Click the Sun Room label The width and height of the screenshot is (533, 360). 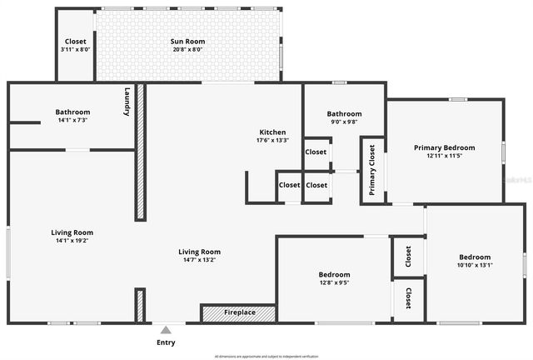187,41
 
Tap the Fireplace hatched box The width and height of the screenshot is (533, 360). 238,313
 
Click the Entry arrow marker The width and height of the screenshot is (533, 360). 167,329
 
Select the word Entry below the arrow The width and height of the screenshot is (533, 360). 167,342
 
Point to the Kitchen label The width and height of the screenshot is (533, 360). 272,132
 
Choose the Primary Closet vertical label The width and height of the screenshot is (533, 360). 372,170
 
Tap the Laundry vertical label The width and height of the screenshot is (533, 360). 127,102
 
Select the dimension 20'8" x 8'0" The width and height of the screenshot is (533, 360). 187,49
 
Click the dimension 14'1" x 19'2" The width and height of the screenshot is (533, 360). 72,241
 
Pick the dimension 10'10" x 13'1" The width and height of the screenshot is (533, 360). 476,266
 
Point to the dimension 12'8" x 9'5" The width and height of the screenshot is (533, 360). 334,282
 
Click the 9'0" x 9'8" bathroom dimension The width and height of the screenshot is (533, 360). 344,122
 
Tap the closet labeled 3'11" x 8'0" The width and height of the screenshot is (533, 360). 75,49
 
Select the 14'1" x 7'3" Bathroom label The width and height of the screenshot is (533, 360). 72,112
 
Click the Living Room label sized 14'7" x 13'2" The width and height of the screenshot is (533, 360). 199,252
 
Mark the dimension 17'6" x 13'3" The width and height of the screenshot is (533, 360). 272,141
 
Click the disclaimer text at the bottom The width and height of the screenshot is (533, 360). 266,356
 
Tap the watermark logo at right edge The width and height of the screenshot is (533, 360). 521,178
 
